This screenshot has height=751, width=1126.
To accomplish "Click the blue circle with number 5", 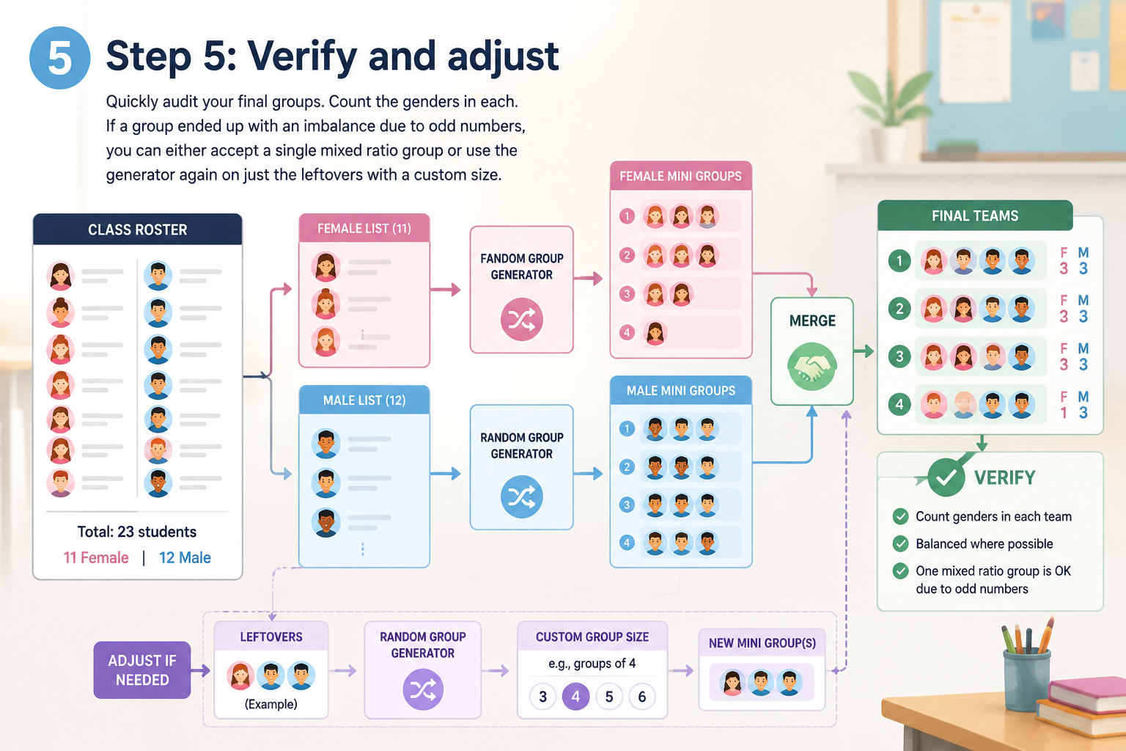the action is pyautogui.click(x=60, y=58).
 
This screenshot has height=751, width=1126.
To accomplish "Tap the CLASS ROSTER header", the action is pyautogui.click(x=138, y=230).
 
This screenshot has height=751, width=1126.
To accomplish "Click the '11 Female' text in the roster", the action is pyautogui.click(x=96, y=557).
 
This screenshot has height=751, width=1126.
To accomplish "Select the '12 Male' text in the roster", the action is pyautogui.click(x=185, y=557).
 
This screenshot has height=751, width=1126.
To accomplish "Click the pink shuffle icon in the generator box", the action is pyautogui.click(x=522, y=320).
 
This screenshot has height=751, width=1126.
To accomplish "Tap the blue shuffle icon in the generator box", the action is pyautogui.click(x=522, y=497).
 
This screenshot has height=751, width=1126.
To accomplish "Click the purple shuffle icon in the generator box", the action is pyautogui.click(x=423, y=689).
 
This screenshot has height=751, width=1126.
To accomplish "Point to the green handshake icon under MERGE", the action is pyautogui.click(x=812, y=367).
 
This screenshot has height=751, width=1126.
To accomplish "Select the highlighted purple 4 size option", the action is pyautogui.click(x=575, y=697).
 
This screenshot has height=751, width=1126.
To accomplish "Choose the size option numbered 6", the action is pyautogui.click(x=642, y=697).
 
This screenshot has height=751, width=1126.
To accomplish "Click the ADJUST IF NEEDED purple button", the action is pyautogui.click(x=142, y=670).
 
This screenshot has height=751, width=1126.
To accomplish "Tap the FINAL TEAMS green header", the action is pyautogui.click(x=975, y=216).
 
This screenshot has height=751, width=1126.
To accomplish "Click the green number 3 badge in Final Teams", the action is pyautogui.click(x=899, y=356).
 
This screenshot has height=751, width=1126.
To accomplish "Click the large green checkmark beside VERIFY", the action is pyautogui.click(x=946, y=477).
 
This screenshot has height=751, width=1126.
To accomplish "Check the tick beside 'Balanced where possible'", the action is pyautogui.click(x=900, y=543).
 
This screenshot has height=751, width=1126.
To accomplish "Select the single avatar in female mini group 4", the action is pyautogui.click(x=655, y=333).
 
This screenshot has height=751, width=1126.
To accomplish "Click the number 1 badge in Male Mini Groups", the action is pyautogui.click(x=627, y=429).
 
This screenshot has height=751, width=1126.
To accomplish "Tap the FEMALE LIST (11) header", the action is pyautogui.click(x=364, y=228).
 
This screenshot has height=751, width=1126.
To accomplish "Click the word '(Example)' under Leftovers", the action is pyautogui.click(x=271, y=704).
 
